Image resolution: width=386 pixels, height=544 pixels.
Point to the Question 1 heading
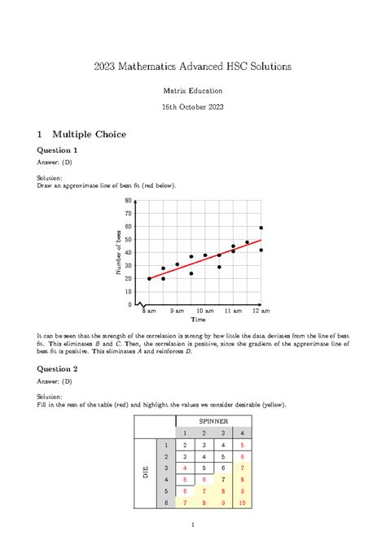click(x=53, y=150)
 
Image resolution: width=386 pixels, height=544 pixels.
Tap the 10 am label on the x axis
click(x=204, y=311)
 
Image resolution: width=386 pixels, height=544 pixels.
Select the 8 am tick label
click(x=148, y=311)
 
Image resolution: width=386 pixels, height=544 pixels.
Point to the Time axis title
click(x=204, y=321)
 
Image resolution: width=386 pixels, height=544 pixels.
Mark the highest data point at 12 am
click(x=261, y=228)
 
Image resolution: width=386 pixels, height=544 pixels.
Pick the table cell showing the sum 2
click(x=186, y=446)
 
